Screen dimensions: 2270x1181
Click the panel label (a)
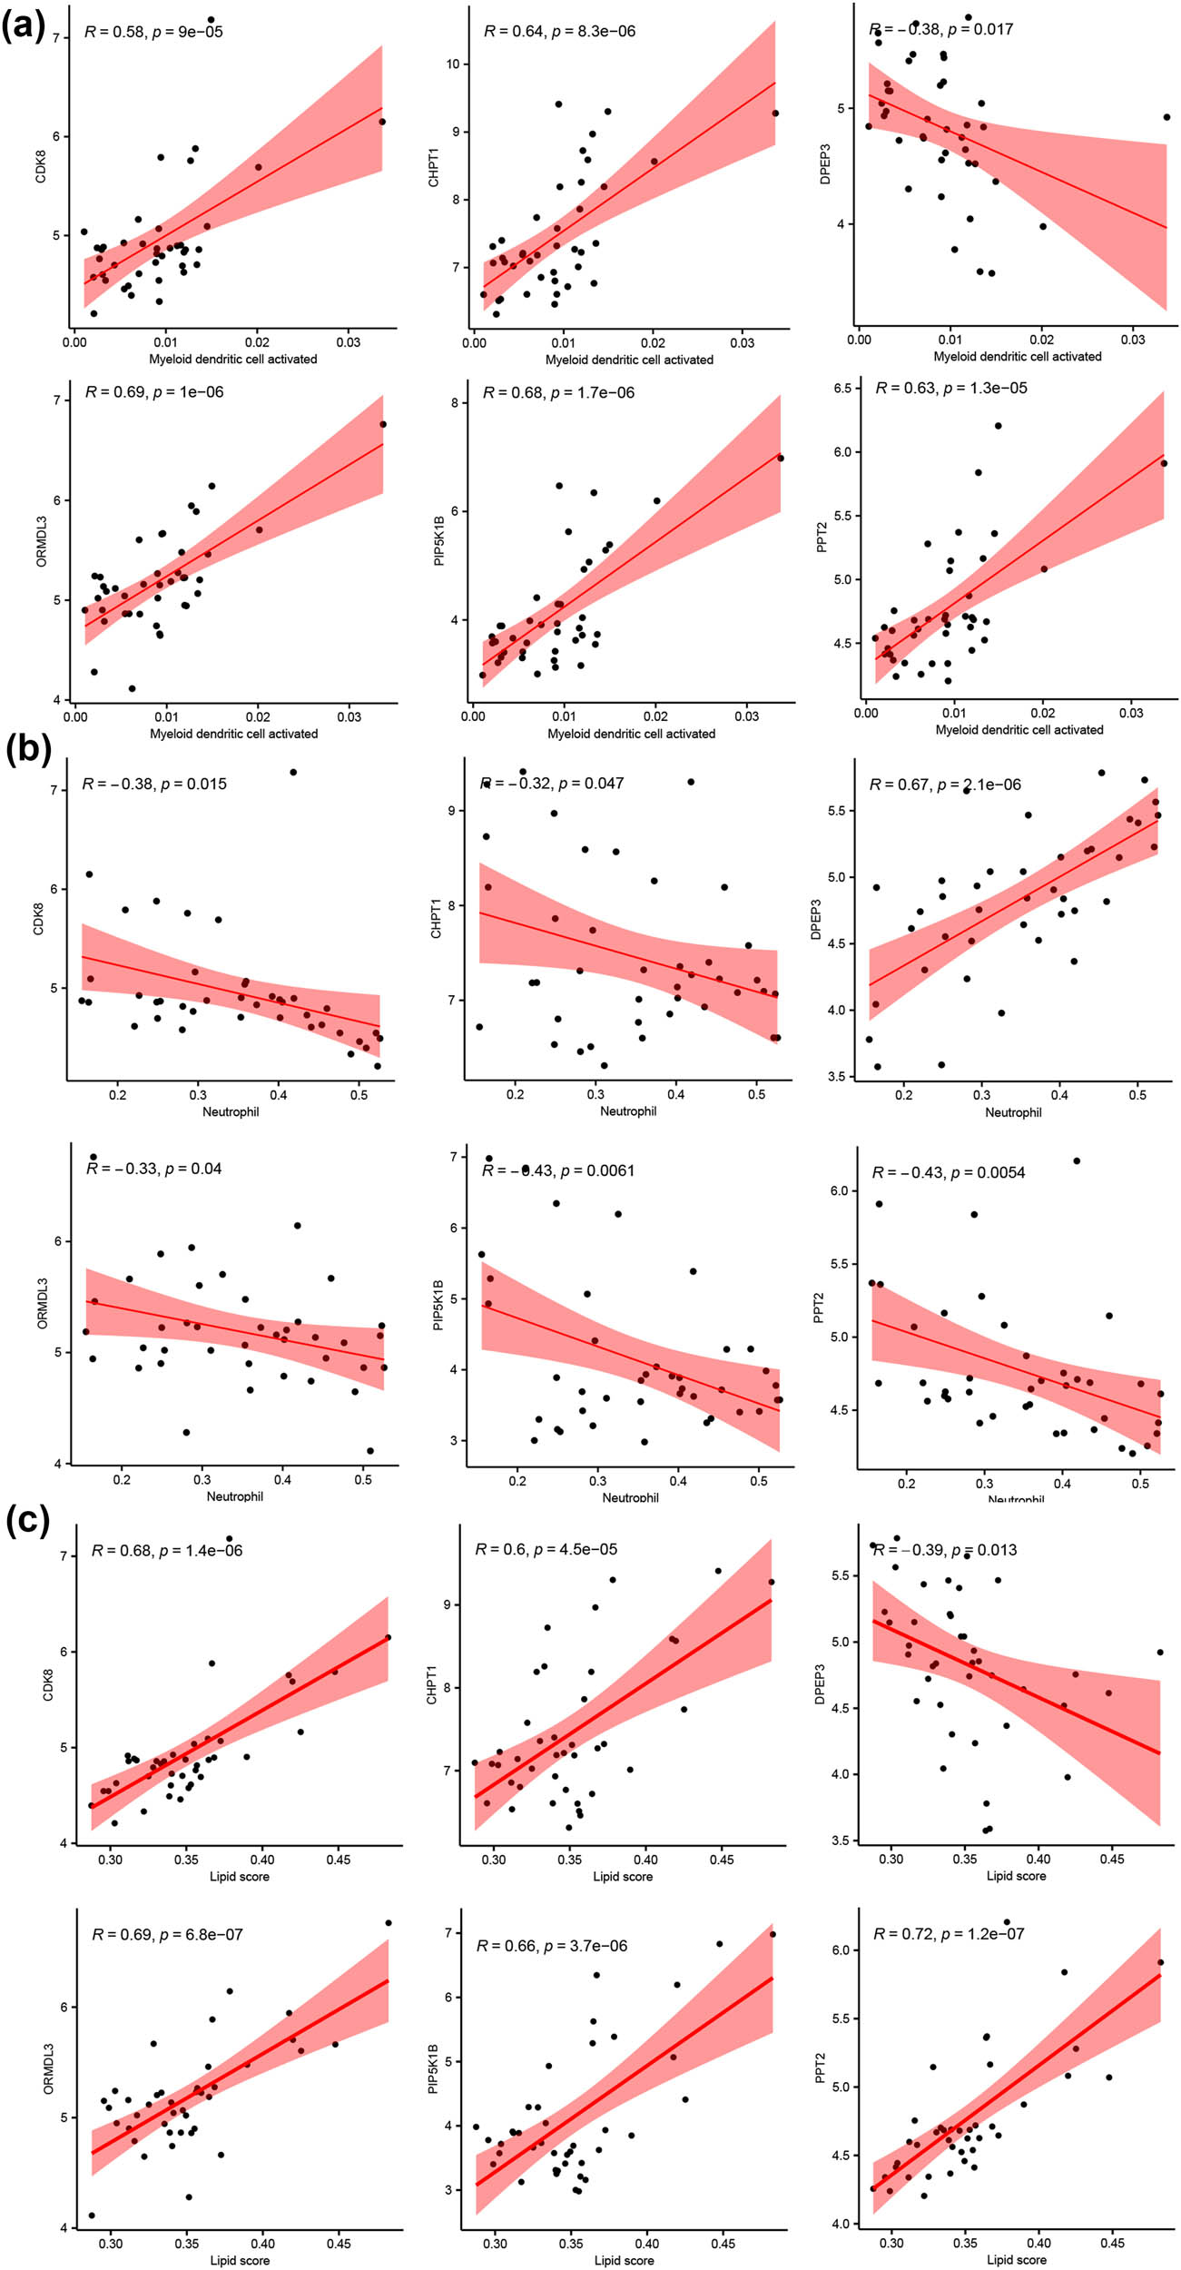click(x=23, y=26)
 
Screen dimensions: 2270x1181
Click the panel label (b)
click(x=27, y=750)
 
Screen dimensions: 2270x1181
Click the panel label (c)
click(x=27, y=1519)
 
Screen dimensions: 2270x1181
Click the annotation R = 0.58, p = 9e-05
click(x=153, y=32)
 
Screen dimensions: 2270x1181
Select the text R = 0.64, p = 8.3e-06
click(x=559, y=32)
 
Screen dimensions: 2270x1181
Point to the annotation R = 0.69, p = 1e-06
click(x=154, y=392)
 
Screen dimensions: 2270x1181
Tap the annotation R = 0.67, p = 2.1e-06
click(x=945, y=785)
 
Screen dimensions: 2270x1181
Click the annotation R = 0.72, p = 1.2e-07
click(x=949, y=1934)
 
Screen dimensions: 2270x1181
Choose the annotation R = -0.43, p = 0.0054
click(x=949, y=1173)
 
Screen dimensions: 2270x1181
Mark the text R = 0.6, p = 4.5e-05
click(x=546, y=1549)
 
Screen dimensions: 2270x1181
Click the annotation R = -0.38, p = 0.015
click(x=154, y=785)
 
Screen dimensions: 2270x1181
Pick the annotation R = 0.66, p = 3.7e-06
click(x=552, y=1946)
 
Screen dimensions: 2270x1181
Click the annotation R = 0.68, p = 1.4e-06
click(x=167, y=1551)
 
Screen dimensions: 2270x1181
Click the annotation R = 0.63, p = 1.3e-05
click(x=951, y=389)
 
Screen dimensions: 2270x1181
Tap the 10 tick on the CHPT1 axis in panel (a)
click(x=453, y=64)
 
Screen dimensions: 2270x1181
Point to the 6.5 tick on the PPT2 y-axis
click(x=841, y=388)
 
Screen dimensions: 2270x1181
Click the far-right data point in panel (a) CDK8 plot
click(x=382, y=122)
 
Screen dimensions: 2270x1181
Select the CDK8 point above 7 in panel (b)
click(x=293, y=773)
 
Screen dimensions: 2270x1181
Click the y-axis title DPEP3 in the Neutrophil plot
click(x=815, y=919)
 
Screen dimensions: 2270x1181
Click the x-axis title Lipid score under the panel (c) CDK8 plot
click(x=240, y=1877)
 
